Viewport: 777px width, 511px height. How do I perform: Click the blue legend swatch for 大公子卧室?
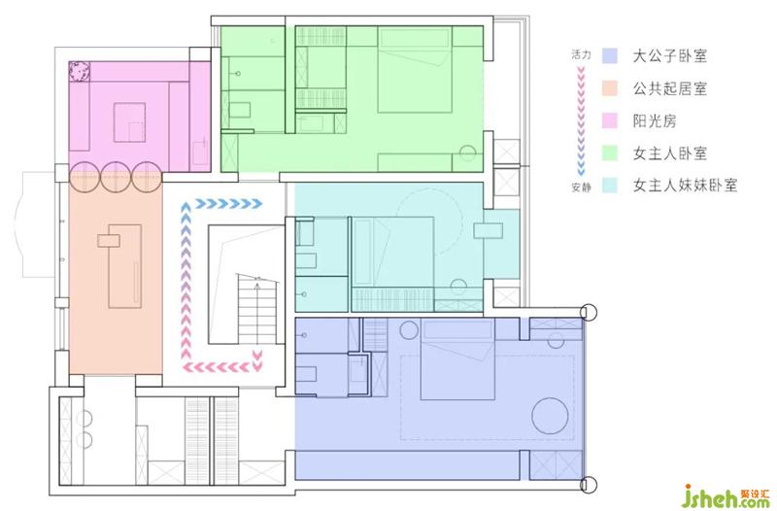coord(610,55)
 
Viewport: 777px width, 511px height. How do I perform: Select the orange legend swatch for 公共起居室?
coord(610,88)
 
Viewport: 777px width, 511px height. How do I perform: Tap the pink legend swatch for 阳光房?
coord(610,120)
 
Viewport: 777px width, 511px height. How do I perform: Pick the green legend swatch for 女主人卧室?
coord(610,153)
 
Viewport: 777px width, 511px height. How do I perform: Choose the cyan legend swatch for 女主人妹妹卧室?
coord(610,186)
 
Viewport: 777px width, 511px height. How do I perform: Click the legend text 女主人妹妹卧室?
coord(685,186)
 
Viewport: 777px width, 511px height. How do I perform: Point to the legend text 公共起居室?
coord(669,88)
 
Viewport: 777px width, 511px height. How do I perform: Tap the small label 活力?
coord(581,54)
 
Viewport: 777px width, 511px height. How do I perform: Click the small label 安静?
coord(581,187)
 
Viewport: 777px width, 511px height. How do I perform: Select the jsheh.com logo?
coord(727,496)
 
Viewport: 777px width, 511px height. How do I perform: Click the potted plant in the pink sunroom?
coord(79,72)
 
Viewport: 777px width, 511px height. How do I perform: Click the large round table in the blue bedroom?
coord(550,416)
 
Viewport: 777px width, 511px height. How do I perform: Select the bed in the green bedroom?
coord(415,69)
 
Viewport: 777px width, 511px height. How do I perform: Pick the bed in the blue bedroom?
coord(457,358)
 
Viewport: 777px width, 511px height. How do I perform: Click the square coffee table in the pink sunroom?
coord(129,122)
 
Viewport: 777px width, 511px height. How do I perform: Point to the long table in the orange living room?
coord(124,266)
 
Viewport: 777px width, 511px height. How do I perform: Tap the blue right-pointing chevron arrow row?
coord(228,203)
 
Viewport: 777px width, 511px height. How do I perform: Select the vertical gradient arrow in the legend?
coord(581,120)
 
